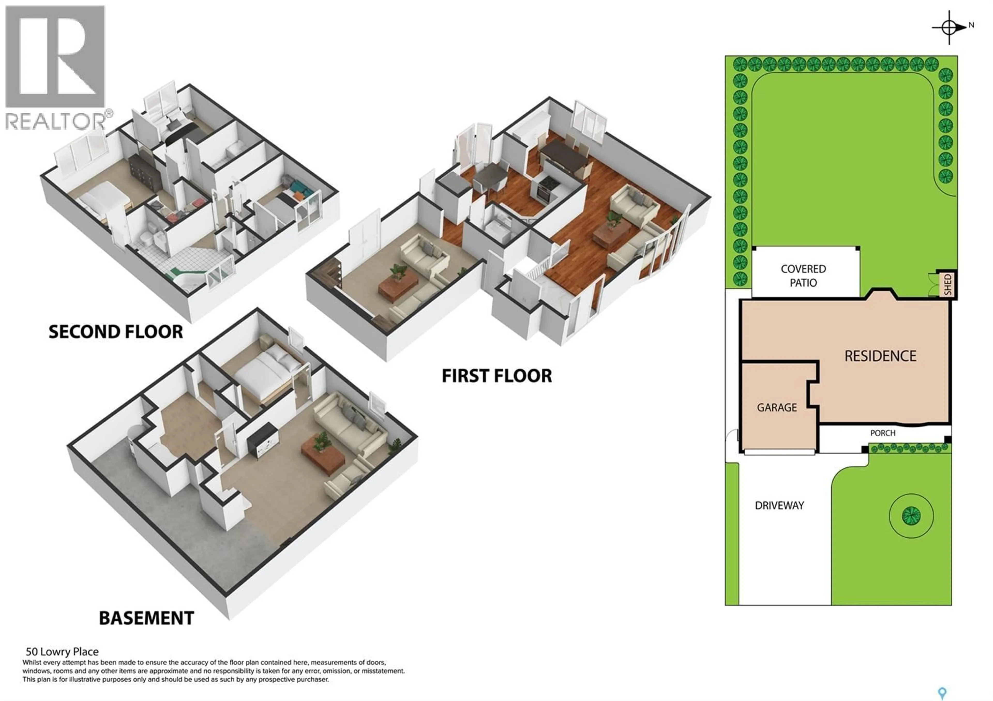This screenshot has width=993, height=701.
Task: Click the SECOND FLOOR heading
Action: coord(116,332)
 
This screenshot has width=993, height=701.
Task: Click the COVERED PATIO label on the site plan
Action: coord(803,276)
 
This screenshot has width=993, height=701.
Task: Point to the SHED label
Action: coord(947,284)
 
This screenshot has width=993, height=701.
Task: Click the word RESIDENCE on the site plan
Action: coord(880,356)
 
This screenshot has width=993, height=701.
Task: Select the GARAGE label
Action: coord(777,408)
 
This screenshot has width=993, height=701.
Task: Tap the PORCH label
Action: coord(883,433)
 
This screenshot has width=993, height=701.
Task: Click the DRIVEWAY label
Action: coord(779,505)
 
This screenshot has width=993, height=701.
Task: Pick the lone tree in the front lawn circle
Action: coord(911,515)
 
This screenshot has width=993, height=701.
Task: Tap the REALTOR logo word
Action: coord(55,121)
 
